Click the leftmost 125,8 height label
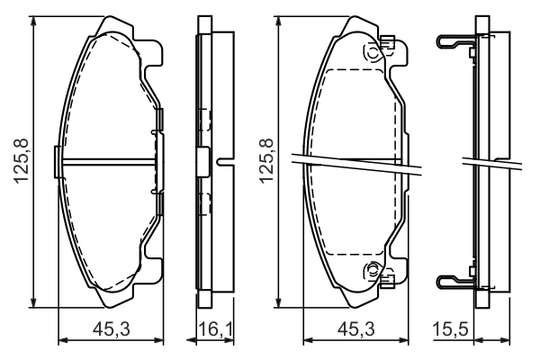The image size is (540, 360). point(21,161)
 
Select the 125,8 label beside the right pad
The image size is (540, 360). point(266,161)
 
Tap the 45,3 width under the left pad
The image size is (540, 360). point(112,329)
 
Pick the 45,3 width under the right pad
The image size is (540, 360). point(356,329)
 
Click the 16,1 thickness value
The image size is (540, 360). point(216,329)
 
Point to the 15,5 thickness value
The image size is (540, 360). point(451,329)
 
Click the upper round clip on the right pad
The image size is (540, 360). point(373,54)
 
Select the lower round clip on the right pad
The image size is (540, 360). point(373,270)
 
